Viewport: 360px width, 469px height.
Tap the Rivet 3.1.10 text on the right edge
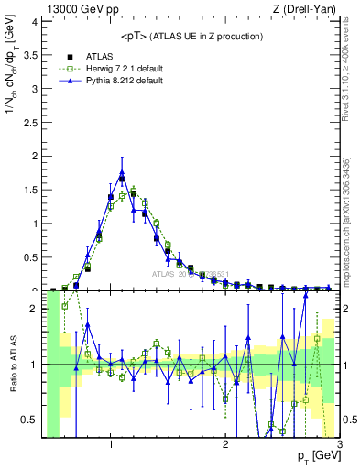tap(352, 73)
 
